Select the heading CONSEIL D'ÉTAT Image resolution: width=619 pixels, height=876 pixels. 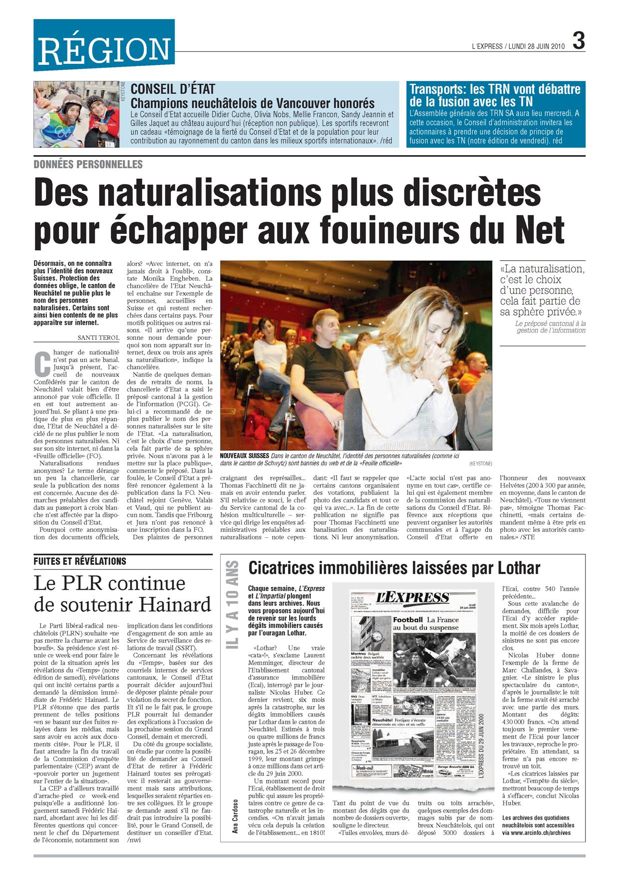[172, 89]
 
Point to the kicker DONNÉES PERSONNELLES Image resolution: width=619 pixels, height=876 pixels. [88, 164]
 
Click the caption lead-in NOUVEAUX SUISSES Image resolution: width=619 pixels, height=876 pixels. [245, 456]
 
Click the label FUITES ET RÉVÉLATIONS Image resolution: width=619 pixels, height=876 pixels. [80, 561]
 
